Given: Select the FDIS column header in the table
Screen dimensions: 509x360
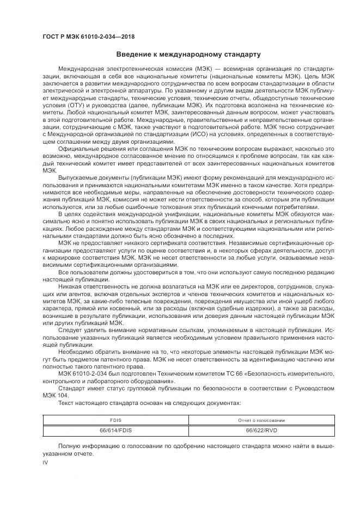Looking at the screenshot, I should [x=115, y=420].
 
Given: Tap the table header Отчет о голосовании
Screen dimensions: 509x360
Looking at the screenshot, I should [x=261, y=420].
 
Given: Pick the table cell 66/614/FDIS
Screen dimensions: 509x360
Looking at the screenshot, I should [x=115, y=430].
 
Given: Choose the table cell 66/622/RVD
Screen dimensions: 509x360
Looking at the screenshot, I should [x=261, y=430].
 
